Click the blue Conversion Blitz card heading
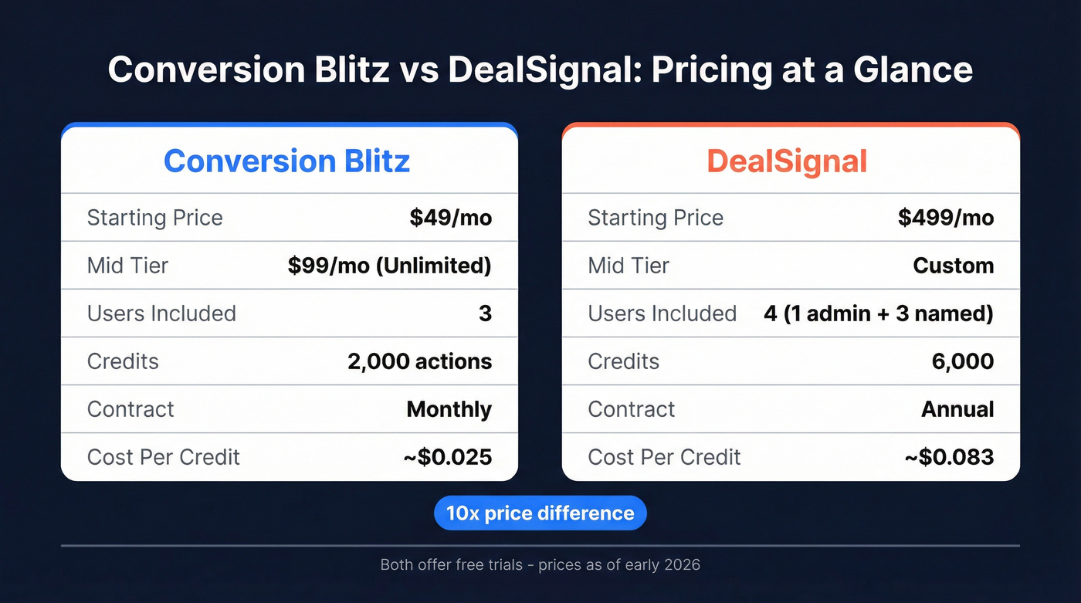tap(286, 161)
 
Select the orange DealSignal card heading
tap(787, 161)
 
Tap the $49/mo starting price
tap(451, 218)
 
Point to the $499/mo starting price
tap(946, 218)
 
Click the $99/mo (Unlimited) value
tap(390, 266)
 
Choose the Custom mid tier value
tap(953, 266)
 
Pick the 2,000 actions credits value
tap(419, 361)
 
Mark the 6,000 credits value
tap(963, 361)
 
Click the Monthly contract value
tap(449, 409)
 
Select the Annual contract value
tap(957, 409)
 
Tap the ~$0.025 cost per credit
tap(447, 457)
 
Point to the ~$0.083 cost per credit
tap(949, 457)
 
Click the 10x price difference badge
tap(540, 513)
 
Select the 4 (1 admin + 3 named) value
tap(879, 313)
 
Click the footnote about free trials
tap(540, 564)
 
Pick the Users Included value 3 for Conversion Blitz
tap(485, 313)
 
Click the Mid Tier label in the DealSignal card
tap(629, 266)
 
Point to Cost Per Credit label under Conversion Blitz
tap(164, 457)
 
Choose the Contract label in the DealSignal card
tap(631, 409)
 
